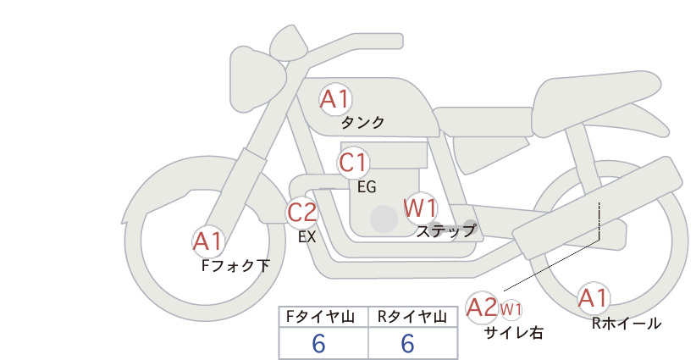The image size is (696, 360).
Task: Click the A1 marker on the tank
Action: pos(335,99)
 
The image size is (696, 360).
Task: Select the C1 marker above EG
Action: pos(353,163)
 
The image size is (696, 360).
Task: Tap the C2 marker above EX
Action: pos(301,213)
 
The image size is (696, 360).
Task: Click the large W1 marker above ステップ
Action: pos(420,208)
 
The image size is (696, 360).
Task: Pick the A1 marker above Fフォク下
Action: pos(207,242)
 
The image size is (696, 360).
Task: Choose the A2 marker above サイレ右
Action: pos(482,307)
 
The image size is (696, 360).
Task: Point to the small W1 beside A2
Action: pos(511,309)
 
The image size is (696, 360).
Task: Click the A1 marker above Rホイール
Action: pos(593,298)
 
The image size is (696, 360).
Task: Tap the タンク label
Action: pos(362,123)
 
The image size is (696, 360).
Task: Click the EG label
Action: pos(367,187)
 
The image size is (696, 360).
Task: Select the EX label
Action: pos(307,237)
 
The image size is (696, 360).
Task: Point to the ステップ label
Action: pos(446,231)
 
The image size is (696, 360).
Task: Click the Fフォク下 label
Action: pos(235,265)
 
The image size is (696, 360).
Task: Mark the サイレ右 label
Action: pos(513,333)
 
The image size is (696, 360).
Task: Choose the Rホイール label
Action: pos(627,324)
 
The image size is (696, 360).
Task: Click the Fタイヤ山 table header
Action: pos(320,317)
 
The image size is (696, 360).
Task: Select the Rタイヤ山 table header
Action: pos(412,317)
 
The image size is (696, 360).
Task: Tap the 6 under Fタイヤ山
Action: pos(318,343)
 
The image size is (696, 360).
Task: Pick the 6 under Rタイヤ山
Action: pos(407,343)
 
